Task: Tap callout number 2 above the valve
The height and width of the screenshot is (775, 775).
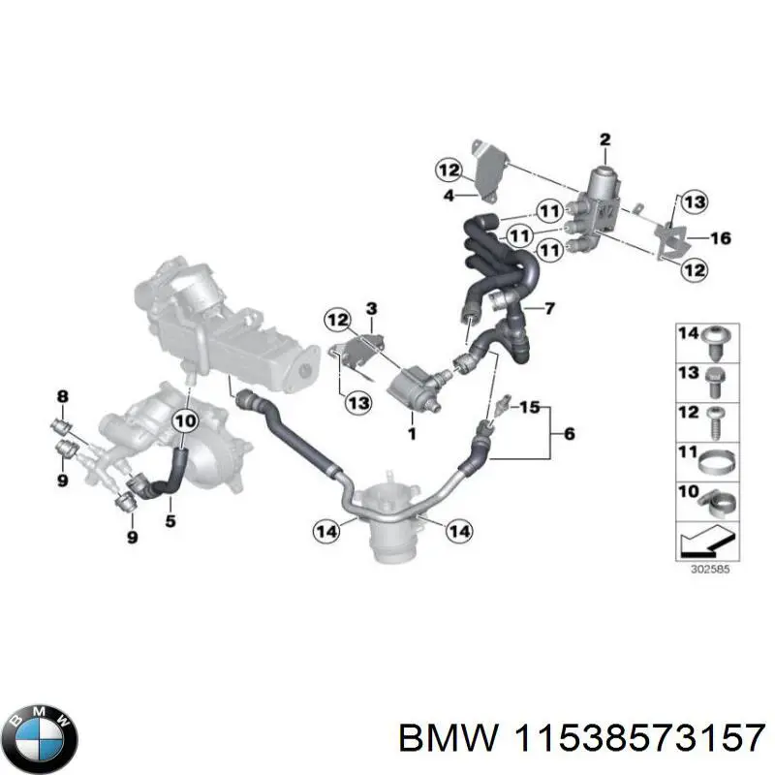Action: (604, 139)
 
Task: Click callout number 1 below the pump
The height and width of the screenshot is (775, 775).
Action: (411, 432)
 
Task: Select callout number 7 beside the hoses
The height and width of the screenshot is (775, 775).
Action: (549, 310)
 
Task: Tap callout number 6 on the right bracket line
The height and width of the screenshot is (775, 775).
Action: (569, 435)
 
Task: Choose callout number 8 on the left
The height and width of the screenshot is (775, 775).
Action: (63, 395)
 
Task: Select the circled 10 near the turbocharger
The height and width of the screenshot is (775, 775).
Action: (184, 421)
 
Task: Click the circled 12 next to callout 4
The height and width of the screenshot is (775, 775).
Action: (449, 171)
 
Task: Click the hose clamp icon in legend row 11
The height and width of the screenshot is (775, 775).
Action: (716, 455)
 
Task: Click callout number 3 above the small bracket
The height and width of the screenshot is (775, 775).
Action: (370, 308)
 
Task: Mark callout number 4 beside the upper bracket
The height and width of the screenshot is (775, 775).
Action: (449, 197)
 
